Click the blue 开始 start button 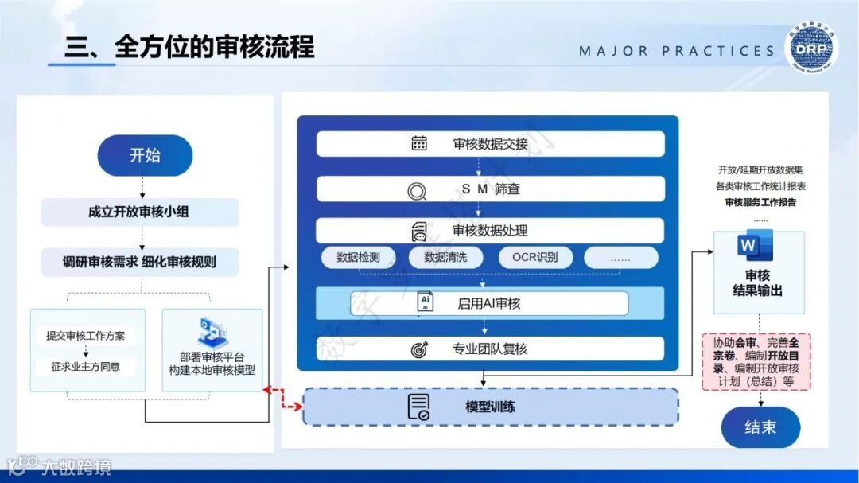point(145,155)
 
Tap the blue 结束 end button point(760,427)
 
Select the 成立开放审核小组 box point(140,212)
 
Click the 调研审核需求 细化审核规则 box point(140,260)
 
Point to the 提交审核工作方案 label point(85,336)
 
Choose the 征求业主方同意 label point(85,368)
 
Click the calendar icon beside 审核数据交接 point(419,144)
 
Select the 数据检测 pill point(359,257)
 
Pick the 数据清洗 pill point(446,257)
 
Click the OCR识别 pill point(534,257)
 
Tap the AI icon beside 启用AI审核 point(426,302)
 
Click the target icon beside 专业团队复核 point(419,349)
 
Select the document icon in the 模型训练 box point(418,407)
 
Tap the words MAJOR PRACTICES point(676,51)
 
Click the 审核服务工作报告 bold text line point(760,202)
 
